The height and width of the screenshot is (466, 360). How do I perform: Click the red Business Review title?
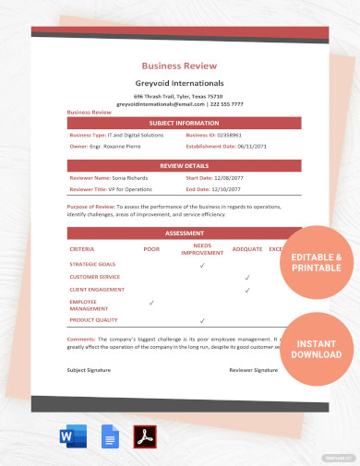click(x=179, y=66)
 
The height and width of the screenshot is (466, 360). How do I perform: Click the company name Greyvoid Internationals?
click(x=179, y=83)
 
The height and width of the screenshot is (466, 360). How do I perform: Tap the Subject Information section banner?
click(x=184, y=122)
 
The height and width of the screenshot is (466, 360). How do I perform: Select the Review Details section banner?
click(x=184, y=165)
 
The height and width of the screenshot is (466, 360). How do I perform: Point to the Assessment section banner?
click(x=184, y=233)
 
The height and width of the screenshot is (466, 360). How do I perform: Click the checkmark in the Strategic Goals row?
click(x=202, y=265)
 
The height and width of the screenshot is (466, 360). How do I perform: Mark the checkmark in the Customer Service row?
click(x=247, y=277)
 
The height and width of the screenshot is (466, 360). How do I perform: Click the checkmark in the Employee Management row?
click(x=152, y=302)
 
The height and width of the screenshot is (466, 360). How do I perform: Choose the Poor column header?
click(x=151, y=248)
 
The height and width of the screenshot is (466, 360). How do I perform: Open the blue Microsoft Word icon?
click(x=77, y=435)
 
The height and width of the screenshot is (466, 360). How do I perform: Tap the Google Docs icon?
click(x=110, y=436)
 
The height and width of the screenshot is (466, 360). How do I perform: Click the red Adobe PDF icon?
click(x=144, y=436)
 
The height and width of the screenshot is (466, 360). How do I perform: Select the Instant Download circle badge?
click(x=317, y=349)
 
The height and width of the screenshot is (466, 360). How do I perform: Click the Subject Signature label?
click(x=90, y=369)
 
